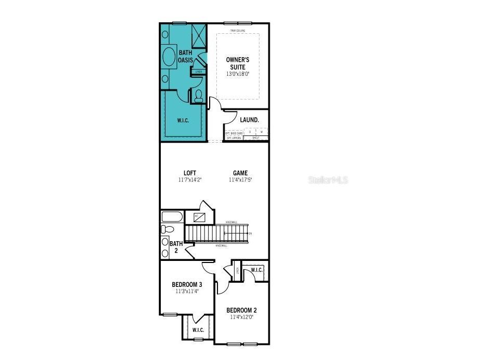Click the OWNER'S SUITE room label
238,63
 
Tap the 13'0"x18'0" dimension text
238,74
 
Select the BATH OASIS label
186,56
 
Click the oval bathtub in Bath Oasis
170,55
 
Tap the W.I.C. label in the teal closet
183,120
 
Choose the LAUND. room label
249,120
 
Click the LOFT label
190,173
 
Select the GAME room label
240,173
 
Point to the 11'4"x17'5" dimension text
240,180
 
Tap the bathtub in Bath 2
171,217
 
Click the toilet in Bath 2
167,229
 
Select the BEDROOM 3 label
187,284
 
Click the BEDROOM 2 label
241,310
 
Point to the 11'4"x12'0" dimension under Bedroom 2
241,317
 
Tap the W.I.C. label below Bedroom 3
198,330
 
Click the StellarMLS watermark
328,180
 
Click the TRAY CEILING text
238,31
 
